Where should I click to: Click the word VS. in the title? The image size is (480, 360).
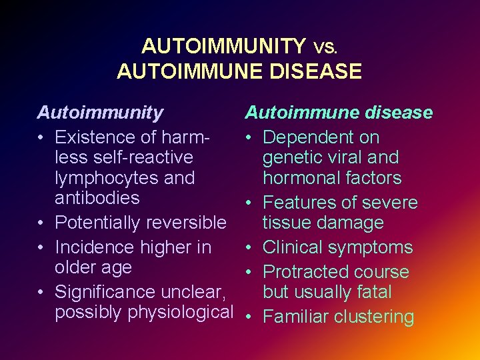click(x=326, y=48)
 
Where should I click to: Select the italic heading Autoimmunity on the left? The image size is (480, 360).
click(x=99, y=113)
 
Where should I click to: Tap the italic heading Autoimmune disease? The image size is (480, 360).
click(x=339, y=113)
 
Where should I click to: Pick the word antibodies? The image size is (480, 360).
click(x=97, y=198)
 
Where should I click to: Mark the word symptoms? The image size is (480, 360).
click(x=373, y=247)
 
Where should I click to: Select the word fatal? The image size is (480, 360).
click(x=374, y=292)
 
